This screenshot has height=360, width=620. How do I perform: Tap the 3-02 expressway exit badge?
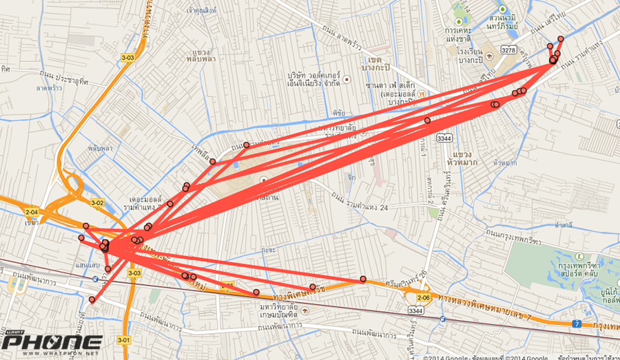pyautogui.click(x=97, y=202)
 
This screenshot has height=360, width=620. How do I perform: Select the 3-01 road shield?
pyautogui.click(x=124, y=339)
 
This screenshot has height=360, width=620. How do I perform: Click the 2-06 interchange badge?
pyautogui.click(x=423, y=298)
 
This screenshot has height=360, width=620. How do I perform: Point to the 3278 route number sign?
pyautogui.click(x=508, y=50)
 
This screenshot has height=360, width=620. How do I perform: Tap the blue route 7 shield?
pyautogui.click(x=577, y=323)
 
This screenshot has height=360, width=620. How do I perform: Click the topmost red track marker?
pyautogui.click(x=561, y=39)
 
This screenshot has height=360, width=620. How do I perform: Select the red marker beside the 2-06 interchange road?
pyautogui.click(x=363, y=279)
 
